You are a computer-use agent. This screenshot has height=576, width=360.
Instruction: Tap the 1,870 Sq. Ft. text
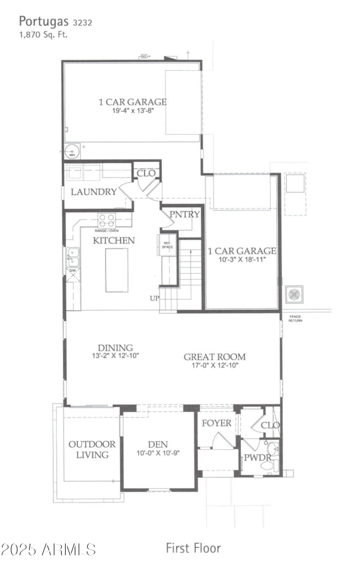point(43,34)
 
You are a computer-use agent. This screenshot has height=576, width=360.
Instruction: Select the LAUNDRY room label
point(94,192)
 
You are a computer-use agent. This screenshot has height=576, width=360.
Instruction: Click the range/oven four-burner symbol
point(107,221)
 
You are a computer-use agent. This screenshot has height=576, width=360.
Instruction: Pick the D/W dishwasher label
point(72,271)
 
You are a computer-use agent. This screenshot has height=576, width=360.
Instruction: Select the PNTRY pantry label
point(184,214)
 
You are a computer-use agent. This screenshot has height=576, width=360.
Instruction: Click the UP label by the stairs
point(154,298)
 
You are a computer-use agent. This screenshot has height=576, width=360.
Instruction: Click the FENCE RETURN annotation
point(295,318)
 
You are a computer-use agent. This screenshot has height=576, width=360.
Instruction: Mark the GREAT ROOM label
point(215,357)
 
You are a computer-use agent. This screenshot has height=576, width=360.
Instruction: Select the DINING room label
point(116,348)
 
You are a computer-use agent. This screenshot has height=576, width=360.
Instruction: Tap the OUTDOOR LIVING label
point(92,449)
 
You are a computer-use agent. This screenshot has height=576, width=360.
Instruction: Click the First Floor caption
point(193,548)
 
